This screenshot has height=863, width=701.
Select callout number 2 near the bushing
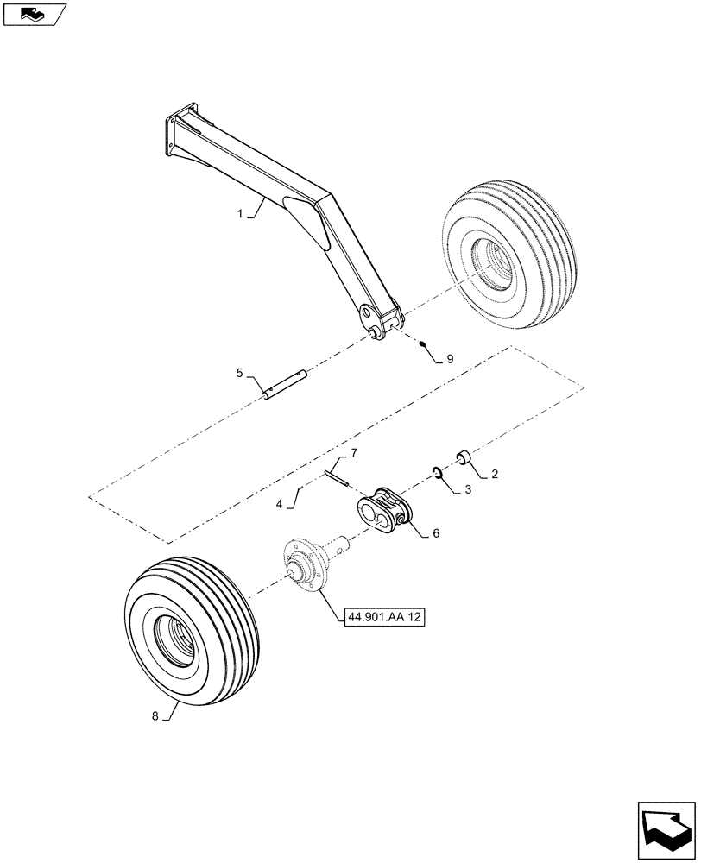click(x=495, y=474)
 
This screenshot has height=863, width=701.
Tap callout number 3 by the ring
click(x=467, y=490)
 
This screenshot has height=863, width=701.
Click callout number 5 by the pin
click(x=239, y=373)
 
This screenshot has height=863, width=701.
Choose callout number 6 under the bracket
click(x=436, y=533)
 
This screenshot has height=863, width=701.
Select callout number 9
click(x=449, y=356)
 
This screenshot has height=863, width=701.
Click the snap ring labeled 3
click(x=438, y=472)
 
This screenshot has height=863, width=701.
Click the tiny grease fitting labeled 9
click(x=424, y=344)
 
